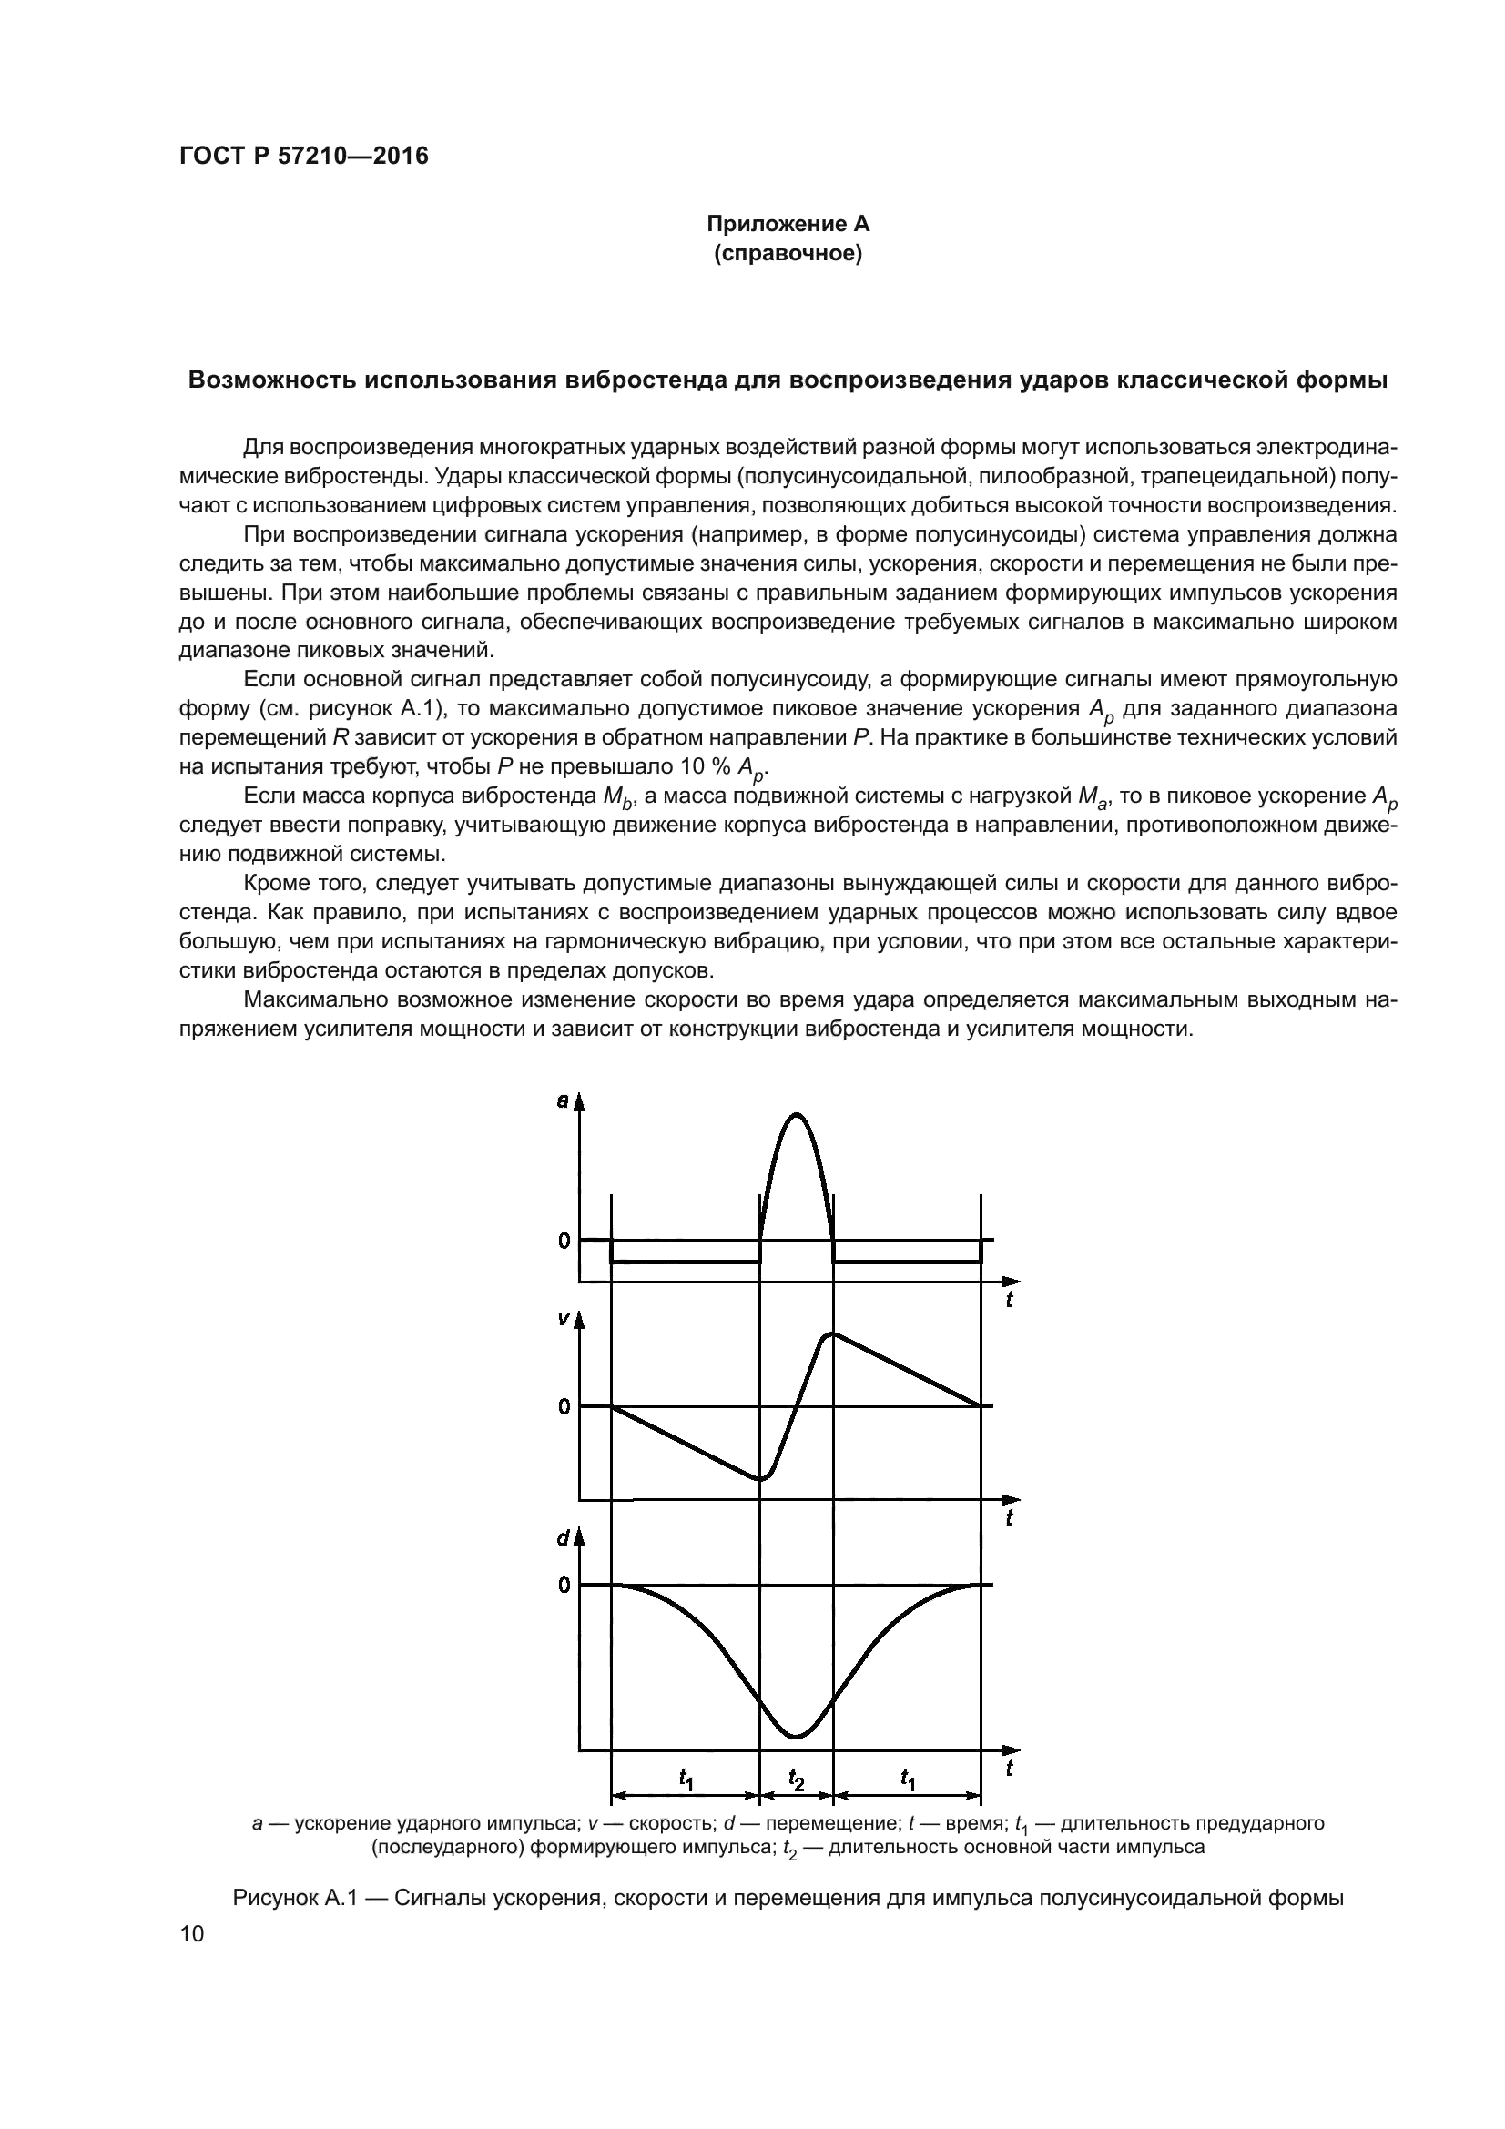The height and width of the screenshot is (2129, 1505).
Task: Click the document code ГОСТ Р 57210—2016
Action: pos(303,156)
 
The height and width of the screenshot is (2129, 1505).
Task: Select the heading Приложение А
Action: pos(788,224)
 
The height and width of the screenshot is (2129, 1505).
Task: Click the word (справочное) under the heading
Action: pos(788,253)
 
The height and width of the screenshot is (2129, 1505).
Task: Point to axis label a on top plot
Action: pos(562,1100)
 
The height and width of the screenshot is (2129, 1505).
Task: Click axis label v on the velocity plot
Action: pos(562,1319)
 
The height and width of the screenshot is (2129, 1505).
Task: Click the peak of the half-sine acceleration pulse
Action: pos(797,1113)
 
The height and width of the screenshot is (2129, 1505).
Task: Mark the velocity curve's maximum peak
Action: pos(833,1334)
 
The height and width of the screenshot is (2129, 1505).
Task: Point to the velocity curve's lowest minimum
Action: pos(760,1478)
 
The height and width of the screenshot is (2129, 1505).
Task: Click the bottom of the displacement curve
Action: pos(796,1737)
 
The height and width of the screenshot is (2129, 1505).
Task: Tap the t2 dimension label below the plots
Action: pos(797,1778)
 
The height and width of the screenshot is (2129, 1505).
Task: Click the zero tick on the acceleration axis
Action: pos(564,1241)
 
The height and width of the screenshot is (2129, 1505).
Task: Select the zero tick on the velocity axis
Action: pos(564,1406)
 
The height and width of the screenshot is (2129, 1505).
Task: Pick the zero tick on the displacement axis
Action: pos(564,1585)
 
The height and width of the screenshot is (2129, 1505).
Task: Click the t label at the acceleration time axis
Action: pos(1010,1301)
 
